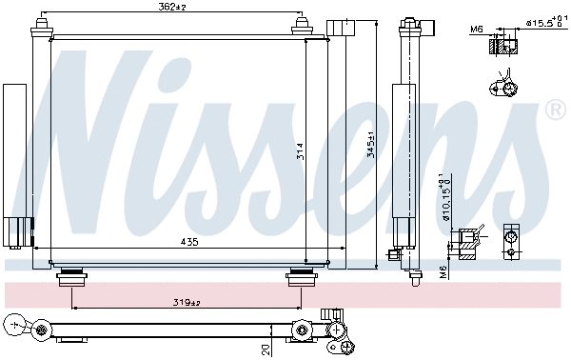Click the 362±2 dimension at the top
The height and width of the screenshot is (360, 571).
[173, 8]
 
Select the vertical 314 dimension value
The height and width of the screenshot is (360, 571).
[299, 151]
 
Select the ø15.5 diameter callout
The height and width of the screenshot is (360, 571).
[540, 21]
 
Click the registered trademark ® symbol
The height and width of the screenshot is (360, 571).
[556, 111]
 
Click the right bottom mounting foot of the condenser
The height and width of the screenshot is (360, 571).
[301, 278]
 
